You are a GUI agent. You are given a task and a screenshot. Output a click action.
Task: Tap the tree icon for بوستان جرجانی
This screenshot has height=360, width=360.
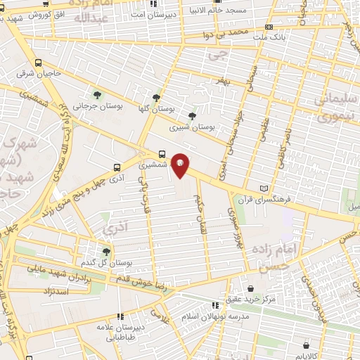click(96, 94)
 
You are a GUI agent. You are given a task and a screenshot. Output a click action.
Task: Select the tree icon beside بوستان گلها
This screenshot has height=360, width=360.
click(155, 98)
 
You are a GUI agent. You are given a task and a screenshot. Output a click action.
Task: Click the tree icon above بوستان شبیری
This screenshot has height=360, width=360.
click(192, 117)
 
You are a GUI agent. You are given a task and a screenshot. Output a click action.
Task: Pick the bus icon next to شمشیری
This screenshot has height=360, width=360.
click(162, 153)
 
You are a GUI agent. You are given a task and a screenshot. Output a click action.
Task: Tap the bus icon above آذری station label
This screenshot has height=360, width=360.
click(116, 168)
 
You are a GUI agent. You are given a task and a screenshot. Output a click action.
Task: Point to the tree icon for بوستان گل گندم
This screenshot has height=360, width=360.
click(105, 251)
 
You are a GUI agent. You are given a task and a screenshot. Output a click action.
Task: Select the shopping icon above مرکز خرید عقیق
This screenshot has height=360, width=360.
click(217, 304)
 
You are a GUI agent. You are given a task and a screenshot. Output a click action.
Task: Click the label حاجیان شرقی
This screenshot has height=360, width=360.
click(46, 72)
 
